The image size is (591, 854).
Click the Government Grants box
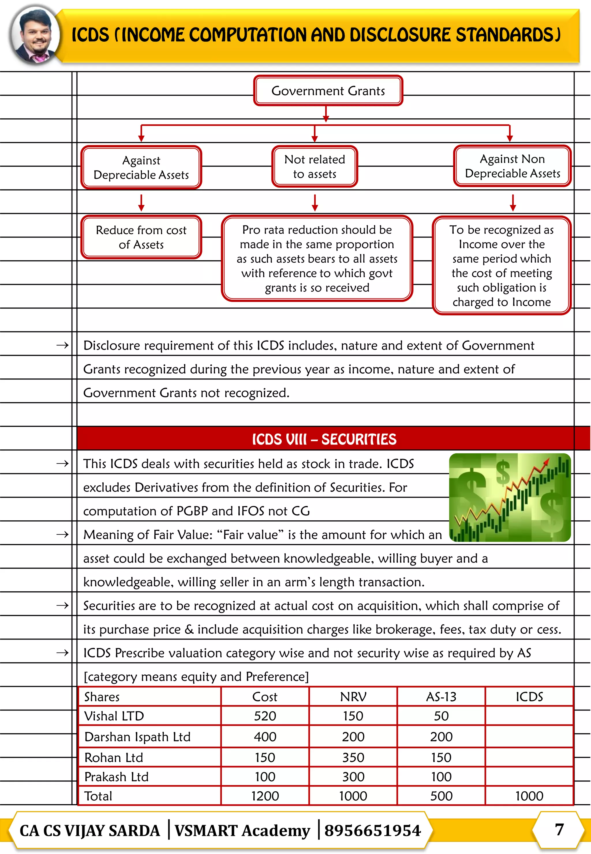pyautogui.click(x=328, y=91)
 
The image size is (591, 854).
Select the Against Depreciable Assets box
pyautogui.click(x=141, y=167)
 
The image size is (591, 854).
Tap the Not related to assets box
pyautogui.click(x=315, y=167)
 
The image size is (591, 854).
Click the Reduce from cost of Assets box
pyautogui.click(x=141, y=237)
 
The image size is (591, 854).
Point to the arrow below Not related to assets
pyautogui.click(x=315, y=203)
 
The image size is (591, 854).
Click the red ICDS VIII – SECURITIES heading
pyautogui.click(x=324, y=439)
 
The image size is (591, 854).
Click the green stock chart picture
pyautogui.click(x=510, y=497)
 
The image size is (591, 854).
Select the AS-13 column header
pyautogui.click(x=441, y=697)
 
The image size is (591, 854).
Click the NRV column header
pyautogui.click(x=353, y=697)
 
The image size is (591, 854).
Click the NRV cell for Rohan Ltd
pyautogui.click(x=353, y=758)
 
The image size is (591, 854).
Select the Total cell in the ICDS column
pyautogui.click(x=529, y=796)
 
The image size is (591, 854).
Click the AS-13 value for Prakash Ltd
pyautogui.click(x=441, y=777)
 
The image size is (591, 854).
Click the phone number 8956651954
pyautogui.click(x=373, y=831)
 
